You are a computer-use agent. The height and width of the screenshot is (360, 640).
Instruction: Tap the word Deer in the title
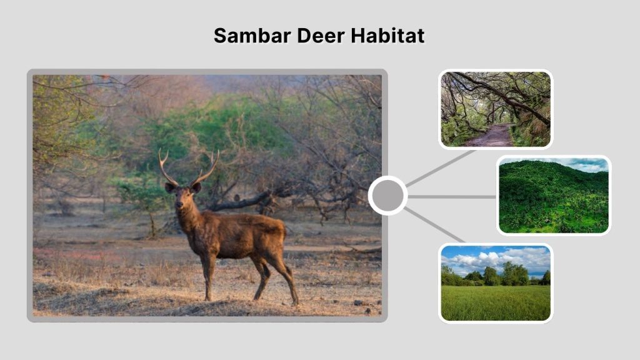(310, 36)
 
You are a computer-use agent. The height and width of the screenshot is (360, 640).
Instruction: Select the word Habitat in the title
(387, 36)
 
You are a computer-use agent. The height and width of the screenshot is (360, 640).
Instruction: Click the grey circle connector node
(387, 196)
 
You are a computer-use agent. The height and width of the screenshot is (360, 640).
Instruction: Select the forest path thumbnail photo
(496, 109)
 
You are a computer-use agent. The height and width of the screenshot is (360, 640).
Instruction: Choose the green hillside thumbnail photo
(554, 195)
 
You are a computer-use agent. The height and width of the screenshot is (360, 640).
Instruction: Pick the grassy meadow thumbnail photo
(496, 282)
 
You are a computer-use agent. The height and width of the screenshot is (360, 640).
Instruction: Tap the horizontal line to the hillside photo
(451, 196)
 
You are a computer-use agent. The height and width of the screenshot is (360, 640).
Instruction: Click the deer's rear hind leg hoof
(295, 302)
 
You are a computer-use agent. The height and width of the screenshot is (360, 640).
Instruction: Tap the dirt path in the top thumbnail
(491, 136)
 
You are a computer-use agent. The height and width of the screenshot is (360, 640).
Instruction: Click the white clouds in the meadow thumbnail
(494, 257)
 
